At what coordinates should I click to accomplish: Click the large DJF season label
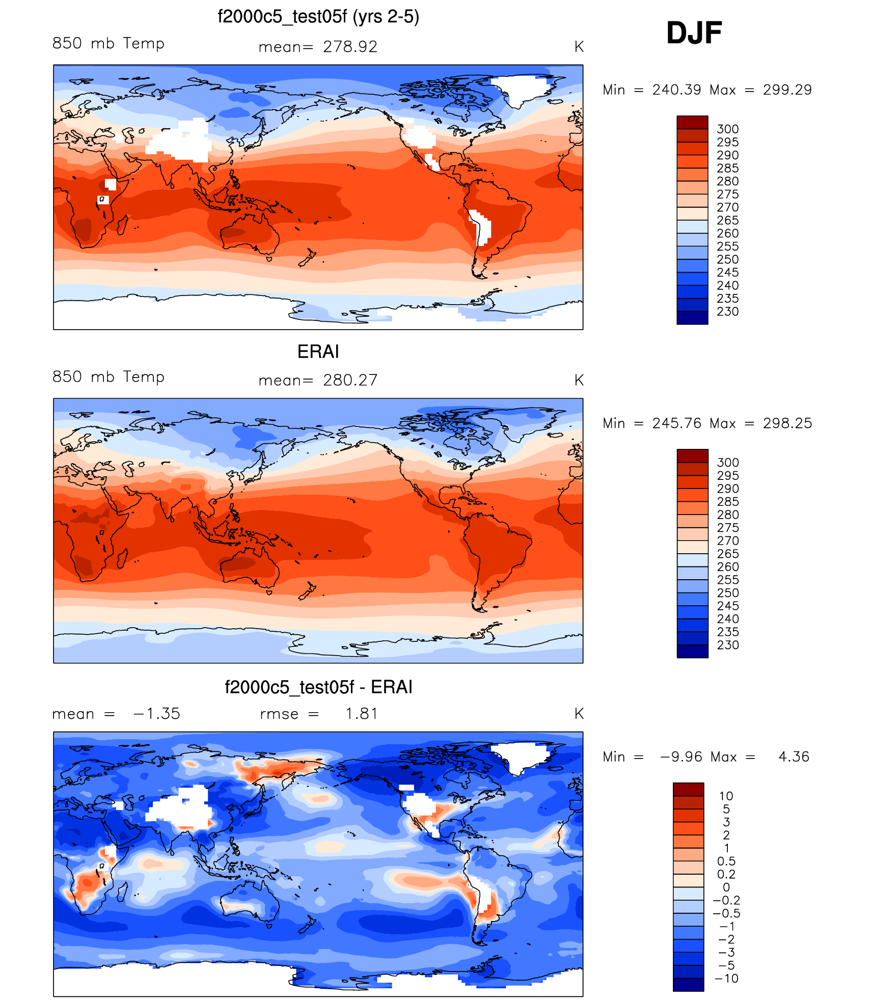pos(694,33)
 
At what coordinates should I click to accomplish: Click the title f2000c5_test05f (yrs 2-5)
pos(318,17)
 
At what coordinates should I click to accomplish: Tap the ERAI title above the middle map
pos(318,352)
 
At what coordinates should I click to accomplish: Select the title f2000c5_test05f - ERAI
pos(318,687)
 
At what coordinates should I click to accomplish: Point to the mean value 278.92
pos(350,47)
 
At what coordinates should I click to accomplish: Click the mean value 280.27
pos(350,380)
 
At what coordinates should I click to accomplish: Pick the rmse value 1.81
pos(361,714)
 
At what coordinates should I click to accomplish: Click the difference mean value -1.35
pos(157,714)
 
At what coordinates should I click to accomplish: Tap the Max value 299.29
pos(787,90)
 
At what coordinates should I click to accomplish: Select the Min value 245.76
pos(676,423)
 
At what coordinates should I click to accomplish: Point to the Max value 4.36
pos(794,757)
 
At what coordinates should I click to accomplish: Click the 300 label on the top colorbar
pos(727,129)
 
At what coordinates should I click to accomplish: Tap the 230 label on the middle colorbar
pos(728,645)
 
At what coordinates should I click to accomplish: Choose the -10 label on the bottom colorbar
pos(726,979)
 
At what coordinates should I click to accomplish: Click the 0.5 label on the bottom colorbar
pos(726,861)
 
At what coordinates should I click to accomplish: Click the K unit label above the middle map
pos(579,380)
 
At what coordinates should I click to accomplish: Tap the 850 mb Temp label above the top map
pos(108,43)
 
